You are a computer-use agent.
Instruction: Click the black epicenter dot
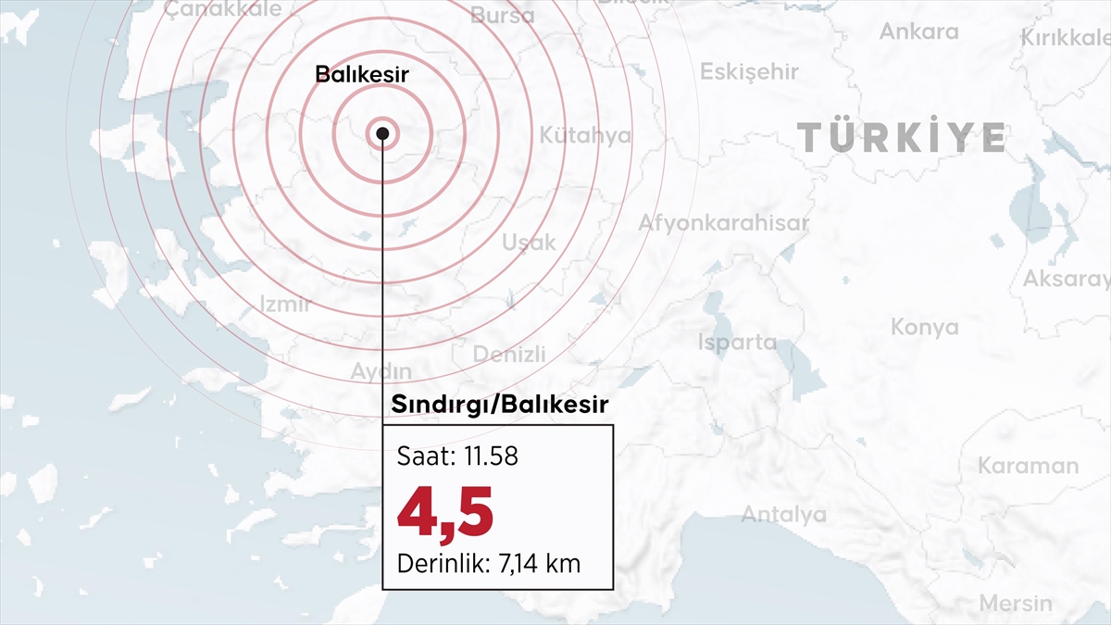382,133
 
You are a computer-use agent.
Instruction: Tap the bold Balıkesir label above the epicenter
362,75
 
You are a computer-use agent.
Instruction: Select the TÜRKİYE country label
902,138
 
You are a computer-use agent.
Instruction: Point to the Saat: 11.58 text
457,456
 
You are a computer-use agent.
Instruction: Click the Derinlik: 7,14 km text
489,562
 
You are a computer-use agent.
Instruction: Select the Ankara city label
918,31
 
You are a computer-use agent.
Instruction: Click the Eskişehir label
749,72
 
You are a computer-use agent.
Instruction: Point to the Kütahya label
585,135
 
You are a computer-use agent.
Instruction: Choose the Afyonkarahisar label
723,223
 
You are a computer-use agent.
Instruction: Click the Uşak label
529,243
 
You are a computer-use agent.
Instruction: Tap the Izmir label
285,304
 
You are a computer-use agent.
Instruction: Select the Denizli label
509,355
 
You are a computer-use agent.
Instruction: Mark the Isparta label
738,342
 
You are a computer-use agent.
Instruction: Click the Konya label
925,327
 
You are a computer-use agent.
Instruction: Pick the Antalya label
783,515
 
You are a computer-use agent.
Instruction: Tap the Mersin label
1016,604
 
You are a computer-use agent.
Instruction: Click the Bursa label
502,16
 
